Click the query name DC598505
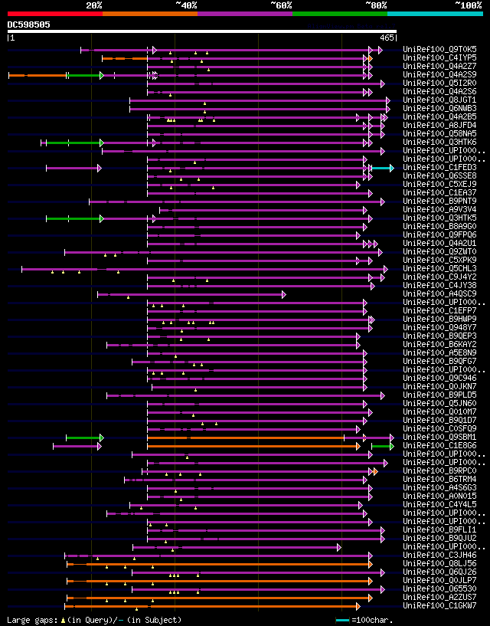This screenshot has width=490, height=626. pos(29,25)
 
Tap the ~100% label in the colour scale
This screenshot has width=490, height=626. pos(468,5)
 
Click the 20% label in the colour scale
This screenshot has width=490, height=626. pos(94,5)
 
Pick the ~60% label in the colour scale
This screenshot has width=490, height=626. pos(281,5)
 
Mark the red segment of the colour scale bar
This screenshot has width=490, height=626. pos(54,13)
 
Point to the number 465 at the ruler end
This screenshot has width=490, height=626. pos(387,38)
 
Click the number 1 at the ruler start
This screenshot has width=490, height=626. pos(11,38)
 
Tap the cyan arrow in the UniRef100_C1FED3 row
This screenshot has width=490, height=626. pos(383,168)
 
